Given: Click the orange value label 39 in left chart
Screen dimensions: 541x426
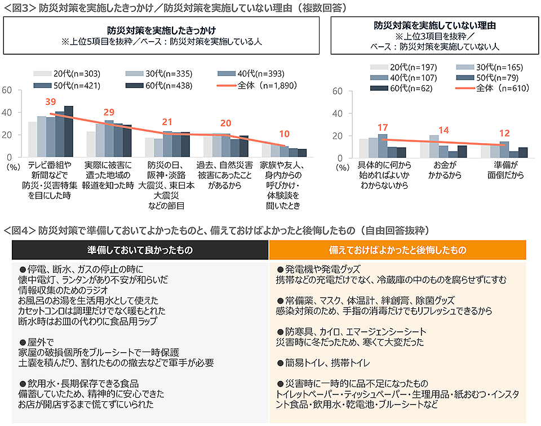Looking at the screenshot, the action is [x=51, y=101].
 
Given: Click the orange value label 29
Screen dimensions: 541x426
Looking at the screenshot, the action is [x=109, y=113].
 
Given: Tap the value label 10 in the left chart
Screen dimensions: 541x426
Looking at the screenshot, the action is [x=283, y=134].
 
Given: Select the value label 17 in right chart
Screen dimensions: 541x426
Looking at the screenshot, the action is [x=383, y=127].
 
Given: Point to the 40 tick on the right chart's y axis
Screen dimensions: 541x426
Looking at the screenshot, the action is [x=338, y=113].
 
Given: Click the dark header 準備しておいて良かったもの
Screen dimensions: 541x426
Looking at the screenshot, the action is [x=140, y=250].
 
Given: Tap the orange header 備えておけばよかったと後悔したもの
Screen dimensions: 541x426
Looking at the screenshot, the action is [x=397, y=250].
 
